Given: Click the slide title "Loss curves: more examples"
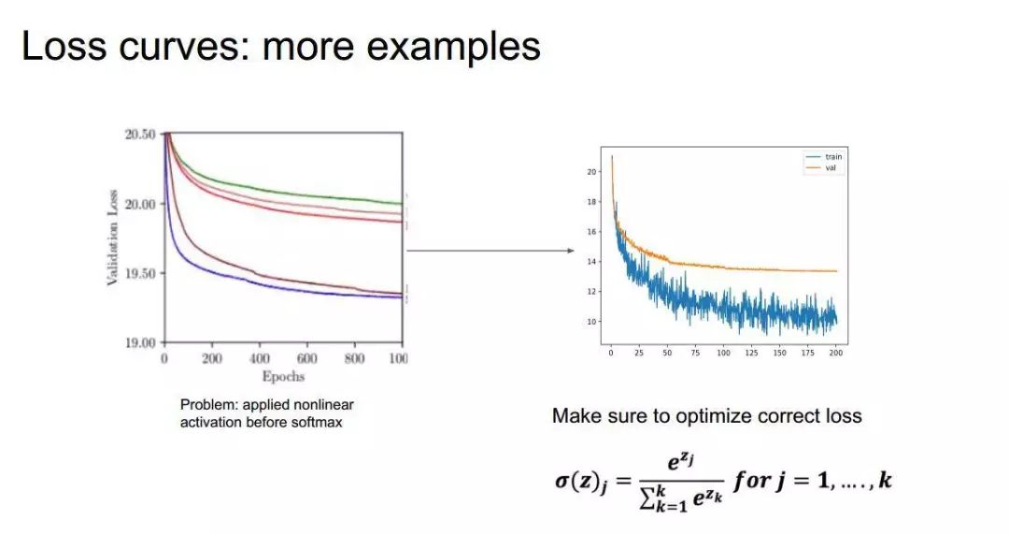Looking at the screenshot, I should click(x=280, y=46).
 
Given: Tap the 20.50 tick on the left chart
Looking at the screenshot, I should click(x=141, y=135).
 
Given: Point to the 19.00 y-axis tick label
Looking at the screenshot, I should click(x=141, y=343).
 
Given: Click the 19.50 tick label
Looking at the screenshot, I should click(x=141, y=274).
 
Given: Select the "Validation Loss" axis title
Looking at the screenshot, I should click(x=113, y=238).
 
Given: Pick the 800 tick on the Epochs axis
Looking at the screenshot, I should click(x=354, y=359).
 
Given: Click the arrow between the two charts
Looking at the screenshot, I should click(x=490, y=251).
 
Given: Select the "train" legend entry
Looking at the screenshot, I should click(x=832, y=157).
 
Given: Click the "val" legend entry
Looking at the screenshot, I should click(x=831, y=167).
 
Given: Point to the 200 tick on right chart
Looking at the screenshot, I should click(x=835, y=354).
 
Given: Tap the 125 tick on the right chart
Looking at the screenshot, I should click(x=751, y=354).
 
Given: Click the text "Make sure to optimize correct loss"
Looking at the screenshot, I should click(x=706, y=416).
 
